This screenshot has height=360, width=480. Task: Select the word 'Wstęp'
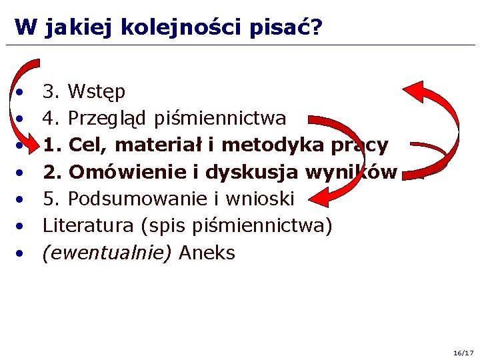point(97,91)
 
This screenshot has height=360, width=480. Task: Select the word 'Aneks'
point(207,253)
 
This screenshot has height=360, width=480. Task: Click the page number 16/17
point(463,351)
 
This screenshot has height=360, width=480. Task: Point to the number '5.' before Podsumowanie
point(52,199)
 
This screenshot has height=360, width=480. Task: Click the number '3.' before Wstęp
point(52,91)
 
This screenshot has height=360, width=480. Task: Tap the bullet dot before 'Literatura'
point(22,227)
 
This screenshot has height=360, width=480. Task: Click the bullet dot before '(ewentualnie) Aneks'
point(22,253)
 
